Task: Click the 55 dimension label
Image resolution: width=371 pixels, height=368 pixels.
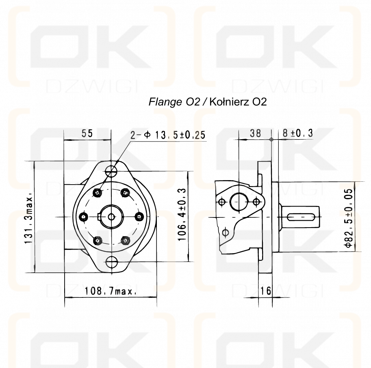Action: tap(87, 133)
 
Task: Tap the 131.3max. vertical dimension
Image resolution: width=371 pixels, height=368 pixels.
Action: tap(29, 218)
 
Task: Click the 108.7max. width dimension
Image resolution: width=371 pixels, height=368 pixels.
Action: tap(110, 291)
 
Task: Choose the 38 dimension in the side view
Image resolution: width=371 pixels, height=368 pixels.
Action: tap(255, 133)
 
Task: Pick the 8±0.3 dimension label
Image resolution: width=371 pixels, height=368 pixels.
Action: tap(297, 133)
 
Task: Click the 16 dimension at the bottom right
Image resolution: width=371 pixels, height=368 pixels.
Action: tap(266, 291)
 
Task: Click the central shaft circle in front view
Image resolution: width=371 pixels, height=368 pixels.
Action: tap(111, 217)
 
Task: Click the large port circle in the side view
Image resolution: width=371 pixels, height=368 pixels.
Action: tap(239, 202)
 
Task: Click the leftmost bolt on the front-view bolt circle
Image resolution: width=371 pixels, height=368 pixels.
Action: tap(84, 217)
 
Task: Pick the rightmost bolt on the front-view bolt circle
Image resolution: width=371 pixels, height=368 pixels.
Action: tap(139, 217)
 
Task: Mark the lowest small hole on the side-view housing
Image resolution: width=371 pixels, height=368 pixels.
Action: tap(226, 232)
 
